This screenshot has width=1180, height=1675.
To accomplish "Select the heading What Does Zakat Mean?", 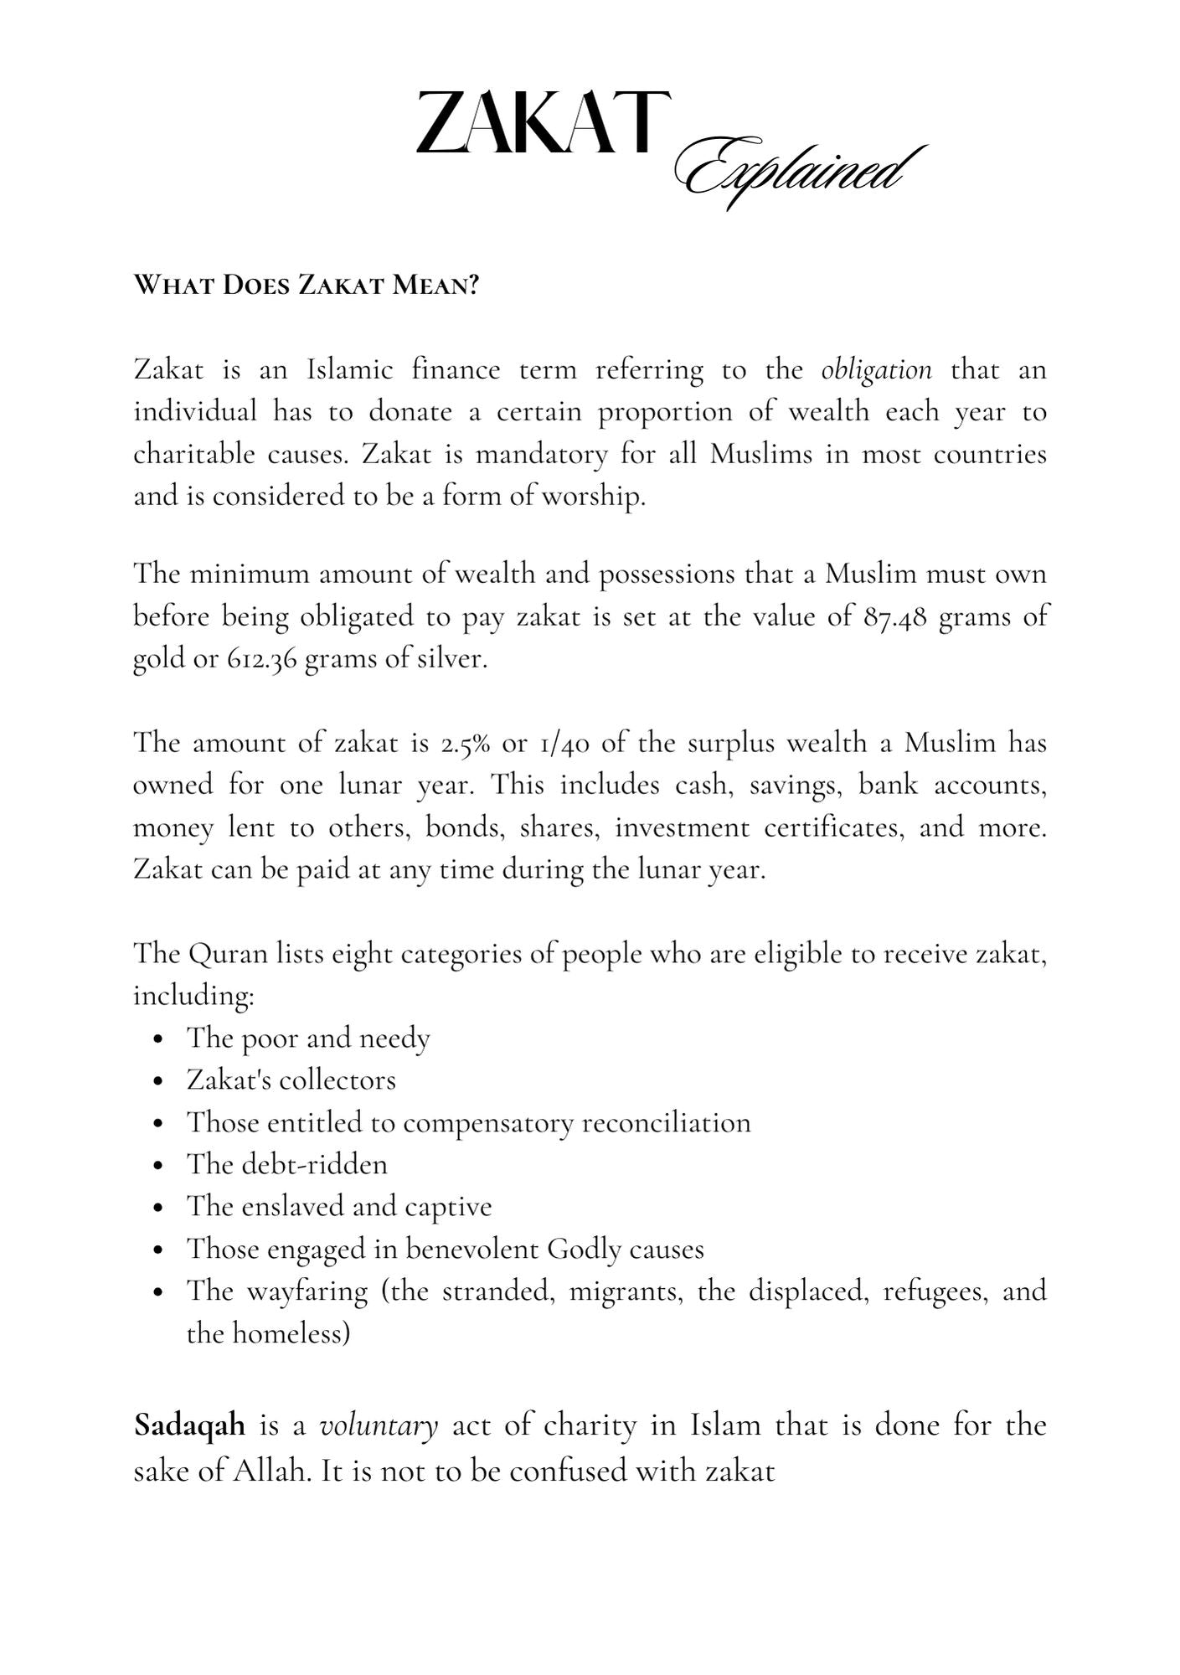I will (x=307, y=286).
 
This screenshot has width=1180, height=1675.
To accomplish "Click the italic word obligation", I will (x=876, y=370).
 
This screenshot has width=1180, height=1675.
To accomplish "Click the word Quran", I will (x=228, y=954).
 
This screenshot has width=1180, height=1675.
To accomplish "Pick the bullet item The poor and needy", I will (x=308, y=1038).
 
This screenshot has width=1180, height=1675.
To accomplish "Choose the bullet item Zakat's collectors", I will (x=291, y=1080).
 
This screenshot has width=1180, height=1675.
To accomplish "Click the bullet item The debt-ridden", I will (x=287, y=1165).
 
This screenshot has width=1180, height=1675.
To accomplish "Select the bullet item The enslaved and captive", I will (x=339, y=1207).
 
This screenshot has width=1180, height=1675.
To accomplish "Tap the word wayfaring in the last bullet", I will (x=307, y=1291).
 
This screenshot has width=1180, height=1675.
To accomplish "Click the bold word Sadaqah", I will (x=190, y=1425).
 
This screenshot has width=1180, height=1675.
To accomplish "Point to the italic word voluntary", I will (x=379, y=1425).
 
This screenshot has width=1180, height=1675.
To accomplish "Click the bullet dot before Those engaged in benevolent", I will (x=159, y=1250).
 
